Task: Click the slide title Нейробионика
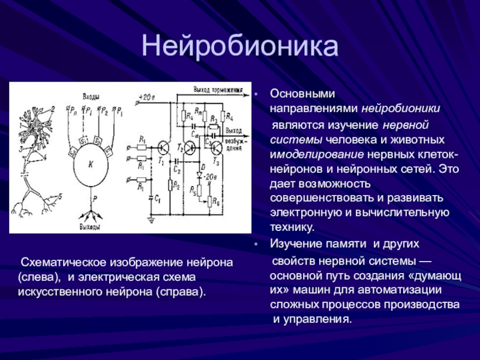(240, 47)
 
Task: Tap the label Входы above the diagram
(91, 97)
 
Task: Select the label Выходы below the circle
(90, 227)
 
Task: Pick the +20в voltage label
(146, 96)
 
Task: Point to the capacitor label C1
(157, 199)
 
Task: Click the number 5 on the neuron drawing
(59, 196)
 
